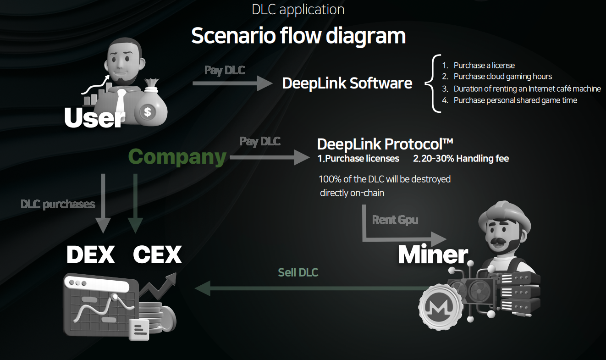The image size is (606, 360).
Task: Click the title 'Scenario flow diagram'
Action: point(298,36)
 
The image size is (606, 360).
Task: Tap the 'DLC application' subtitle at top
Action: point(298,9)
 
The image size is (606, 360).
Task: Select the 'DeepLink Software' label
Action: point(347,83)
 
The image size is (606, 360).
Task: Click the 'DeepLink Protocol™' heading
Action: point(385,144)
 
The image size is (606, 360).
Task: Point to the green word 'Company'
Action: point(177,157)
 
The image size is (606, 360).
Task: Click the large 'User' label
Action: point(94,118)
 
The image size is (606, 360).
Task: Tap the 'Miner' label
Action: point(433,255)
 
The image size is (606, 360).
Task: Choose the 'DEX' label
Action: point(90,255)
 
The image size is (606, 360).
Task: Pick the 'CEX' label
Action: point(157,255)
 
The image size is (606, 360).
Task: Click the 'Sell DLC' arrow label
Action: point(298,272)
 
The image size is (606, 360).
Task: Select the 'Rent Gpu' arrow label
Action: point(395,220)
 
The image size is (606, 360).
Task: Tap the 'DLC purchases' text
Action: point(58,204)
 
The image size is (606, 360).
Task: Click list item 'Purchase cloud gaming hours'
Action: point(502,77)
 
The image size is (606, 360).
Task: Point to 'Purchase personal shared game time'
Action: point(515,100)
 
